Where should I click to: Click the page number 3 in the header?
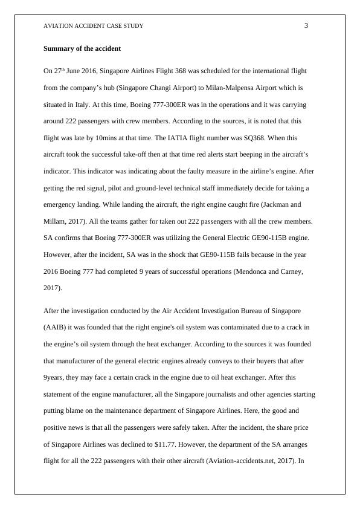(306, 25)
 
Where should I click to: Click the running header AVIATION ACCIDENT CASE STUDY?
(94, 26)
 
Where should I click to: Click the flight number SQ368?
(248, 138)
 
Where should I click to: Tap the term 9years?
(54, 377)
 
